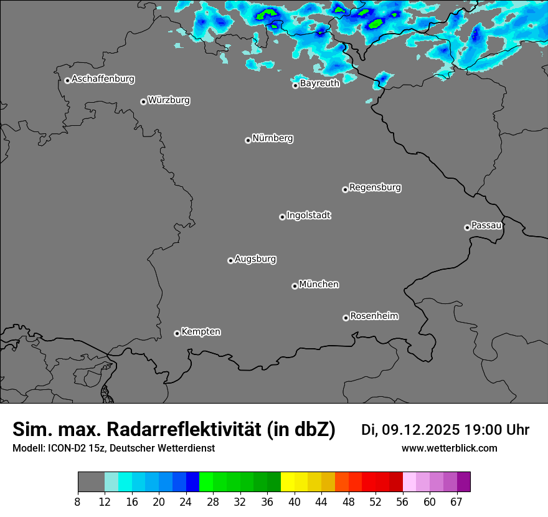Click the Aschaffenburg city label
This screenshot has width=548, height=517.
(103, 79)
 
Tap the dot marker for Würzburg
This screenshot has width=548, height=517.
(143, 102)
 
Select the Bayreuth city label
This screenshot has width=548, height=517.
(319, 83)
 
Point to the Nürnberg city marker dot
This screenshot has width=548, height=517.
(248, 140)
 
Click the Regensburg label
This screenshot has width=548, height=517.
(375, 187)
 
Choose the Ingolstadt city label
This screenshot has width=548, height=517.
(308, 216)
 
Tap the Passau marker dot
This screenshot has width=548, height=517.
(467, 227)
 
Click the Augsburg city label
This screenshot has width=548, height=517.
(255, 258)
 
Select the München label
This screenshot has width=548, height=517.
(319, 284)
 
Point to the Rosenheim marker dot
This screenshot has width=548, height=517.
(346, 318)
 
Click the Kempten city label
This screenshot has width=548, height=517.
(201, 331)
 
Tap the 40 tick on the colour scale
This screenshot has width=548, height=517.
(295, 501)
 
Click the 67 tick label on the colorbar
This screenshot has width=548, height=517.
(456, 501)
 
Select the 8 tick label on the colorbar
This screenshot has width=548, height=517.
(78, 501)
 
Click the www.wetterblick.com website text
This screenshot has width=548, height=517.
(449, 448)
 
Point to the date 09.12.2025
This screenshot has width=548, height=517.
(420, 430)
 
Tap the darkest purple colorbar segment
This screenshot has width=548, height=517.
(463, 482)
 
